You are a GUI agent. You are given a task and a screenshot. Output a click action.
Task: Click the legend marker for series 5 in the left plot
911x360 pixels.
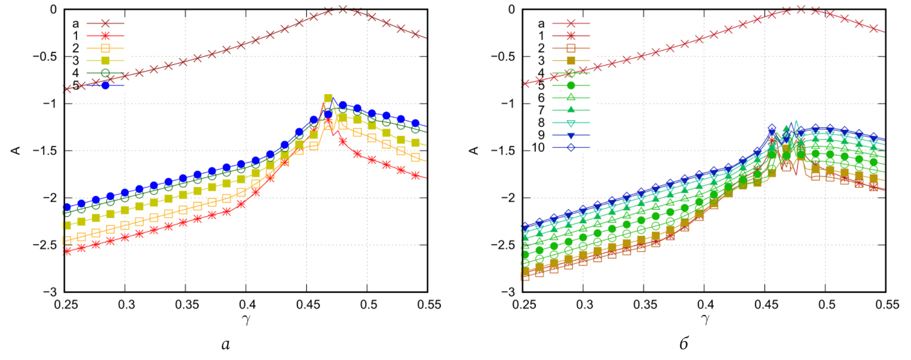click(105, 85)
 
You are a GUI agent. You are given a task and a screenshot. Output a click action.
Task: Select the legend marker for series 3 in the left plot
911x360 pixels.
click(105, 60)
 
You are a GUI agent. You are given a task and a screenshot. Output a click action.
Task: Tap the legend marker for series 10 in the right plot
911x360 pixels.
click(571, 147)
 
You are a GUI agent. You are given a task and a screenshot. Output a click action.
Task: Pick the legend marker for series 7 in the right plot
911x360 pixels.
click(571, 110)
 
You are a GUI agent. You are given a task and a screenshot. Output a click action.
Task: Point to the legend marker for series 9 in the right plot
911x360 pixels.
click(571, 135)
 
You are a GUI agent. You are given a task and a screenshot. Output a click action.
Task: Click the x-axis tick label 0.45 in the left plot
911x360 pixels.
click(308, 305)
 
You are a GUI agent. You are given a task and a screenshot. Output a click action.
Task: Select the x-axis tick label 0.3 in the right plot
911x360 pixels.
click(584, 305)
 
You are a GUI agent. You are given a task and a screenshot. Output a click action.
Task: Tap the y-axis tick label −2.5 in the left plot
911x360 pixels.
click(45, 245)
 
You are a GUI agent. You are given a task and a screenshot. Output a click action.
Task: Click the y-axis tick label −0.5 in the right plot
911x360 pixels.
click(503, 57)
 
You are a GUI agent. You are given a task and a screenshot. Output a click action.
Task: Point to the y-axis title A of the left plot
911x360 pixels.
click(16, 150)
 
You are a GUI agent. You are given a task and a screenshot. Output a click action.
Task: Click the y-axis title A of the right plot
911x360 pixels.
click(474, 150)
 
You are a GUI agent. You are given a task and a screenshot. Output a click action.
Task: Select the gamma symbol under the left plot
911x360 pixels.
click(246, 319)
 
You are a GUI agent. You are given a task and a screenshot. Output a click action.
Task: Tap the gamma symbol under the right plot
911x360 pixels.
click(705, 319)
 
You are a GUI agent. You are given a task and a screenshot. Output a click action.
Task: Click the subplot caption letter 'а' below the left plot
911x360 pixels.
click(226, 344)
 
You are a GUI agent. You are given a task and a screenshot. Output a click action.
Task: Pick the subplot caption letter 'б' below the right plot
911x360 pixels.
click(683, 343)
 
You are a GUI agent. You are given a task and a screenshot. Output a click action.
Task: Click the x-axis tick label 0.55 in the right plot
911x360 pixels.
click(887, 305)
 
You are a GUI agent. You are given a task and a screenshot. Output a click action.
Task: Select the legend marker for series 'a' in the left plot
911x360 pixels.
click(105, 23)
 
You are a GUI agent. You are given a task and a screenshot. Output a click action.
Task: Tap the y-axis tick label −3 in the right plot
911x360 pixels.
click(508, 292)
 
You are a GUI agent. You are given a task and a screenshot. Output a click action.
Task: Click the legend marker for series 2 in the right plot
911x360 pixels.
click(571, 48)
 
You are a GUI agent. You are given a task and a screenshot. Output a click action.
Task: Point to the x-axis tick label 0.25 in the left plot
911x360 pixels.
click(66, 305)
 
